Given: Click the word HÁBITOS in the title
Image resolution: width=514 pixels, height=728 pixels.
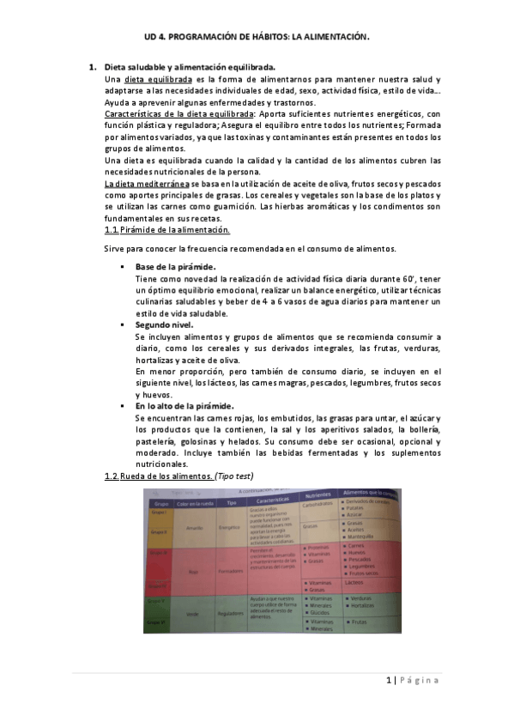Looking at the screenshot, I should coord(264,38).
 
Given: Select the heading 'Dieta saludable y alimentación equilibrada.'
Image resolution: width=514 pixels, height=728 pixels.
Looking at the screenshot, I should coord(190,66).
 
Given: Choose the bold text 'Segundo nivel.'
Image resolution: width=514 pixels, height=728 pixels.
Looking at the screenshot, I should coord(164,325).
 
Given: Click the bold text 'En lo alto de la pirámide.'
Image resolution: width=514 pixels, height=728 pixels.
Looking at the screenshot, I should coord(184,405).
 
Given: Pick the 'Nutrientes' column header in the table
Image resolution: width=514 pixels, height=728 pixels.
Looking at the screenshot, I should coord(317,495).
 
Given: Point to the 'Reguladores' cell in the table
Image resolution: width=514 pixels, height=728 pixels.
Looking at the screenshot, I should coord(231,614).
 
